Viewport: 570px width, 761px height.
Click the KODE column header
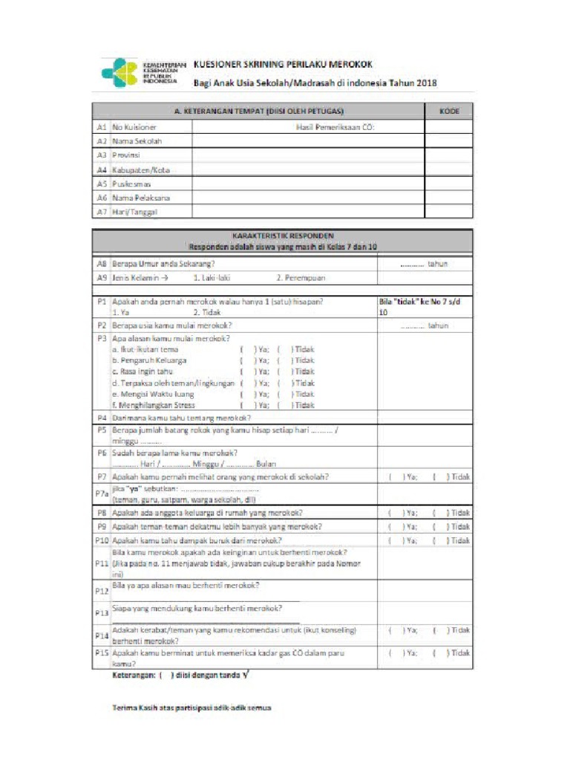click(x=448, y=111)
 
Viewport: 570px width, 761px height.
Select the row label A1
click(x=102, y=127)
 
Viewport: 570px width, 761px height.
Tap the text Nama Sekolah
click(x=137, y=141)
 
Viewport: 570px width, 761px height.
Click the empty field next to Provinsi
click(x=307, y=155)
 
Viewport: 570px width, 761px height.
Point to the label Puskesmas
click(x=132, y=184)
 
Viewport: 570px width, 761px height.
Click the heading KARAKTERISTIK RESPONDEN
click(x=282, y=235)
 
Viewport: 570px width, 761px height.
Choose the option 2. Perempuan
click(x=301, y=278)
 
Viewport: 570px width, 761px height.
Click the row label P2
click(x=102, y=326)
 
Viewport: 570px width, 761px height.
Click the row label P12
click(x=102, y=592)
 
